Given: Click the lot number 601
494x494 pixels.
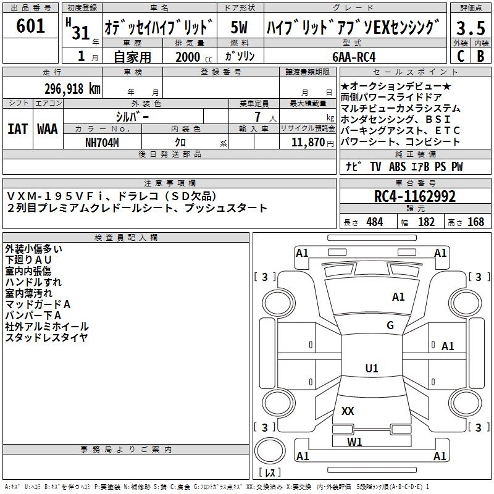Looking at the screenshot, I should click(31, 27).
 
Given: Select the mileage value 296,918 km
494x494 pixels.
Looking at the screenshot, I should click(72, 89).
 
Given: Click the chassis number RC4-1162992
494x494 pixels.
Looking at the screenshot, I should click(415, 197).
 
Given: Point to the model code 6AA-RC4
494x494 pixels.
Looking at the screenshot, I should click(354, 57).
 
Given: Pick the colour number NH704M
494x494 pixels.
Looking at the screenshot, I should click(102, 142).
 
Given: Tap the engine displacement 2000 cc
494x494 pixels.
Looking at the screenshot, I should click(189, 57).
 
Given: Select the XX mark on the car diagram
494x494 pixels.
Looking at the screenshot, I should click(348, 411).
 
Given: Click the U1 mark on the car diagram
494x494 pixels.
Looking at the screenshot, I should click(372, 369).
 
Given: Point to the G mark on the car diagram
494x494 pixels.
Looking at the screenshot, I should click(390, 325).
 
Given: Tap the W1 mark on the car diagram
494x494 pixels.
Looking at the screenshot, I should click(354, 442).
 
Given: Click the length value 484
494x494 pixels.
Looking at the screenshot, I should click(374, 222).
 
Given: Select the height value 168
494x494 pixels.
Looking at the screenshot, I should click(475, 222).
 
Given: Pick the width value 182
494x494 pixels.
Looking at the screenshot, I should click(427, 222).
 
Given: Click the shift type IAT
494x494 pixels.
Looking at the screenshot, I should click(18, 128).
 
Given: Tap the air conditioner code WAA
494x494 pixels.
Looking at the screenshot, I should click(48, 128).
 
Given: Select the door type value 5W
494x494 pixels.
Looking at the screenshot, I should click(240, 28).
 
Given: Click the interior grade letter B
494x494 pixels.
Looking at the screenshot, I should click(480, 56).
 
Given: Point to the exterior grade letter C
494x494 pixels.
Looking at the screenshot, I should click(460, 56).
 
